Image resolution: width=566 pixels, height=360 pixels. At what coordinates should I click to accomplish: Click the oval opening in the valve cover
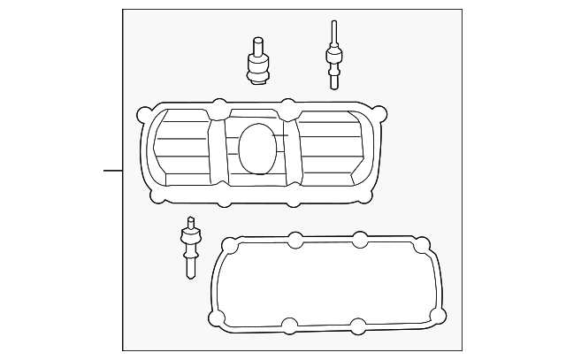point(257,148)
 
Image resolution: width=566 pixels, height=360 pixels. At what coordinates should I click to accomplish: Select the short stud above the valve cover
point(257,62)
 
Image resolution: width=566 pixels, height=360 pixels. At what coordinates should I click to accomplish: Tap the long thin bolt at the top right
point(333,56)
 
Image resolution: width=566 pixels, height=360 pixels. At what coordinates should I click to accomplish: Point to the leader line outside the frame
point(112,170)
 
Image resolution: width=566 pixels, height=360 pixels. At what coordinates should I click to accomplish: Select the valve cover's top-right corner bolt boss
point(380,114)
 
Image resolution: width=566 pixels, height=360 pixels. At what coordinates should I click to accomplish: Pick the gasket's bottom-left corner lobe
point(217,318)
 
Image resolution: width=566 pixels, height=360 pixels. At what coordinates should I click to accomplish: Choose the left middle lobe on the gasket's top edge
point(295,239)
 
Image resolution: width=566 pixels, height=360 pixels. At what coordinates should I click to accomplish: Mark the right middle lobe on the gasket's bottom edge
point(357,325)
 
